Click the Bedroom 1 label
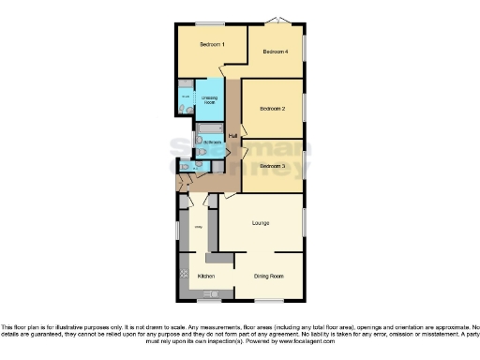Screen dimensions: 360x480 coord(211,45)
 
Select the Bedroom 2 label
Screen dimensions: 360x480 coord(272,110)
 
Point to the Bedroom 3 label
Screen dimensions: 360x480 coord(272,166)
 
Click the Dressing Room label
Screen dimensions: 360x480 coord(210,99)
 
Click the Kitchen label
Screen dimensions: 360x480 coord(206,277)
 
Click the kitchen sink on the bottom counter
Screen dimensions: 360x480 coord(212,293)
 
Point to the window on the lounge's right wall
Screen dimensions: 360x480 coord(304,218)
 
